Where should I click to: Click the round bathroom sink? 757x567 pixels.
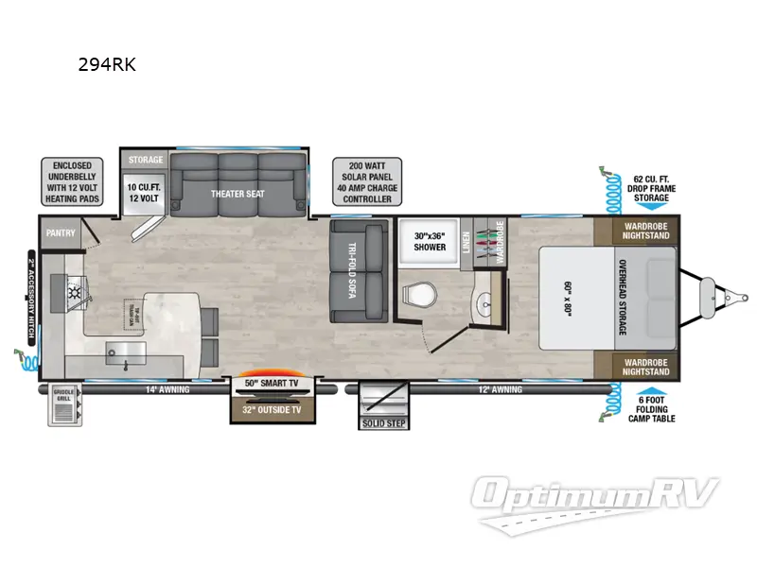point(484,304)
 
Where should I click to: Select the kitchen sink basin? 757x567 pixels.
point(121,355)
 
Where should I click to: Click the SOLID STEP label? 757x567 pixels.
point(382,423)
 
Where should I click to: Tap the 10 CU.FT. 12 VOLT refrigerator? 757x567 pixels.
point(145,194)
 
